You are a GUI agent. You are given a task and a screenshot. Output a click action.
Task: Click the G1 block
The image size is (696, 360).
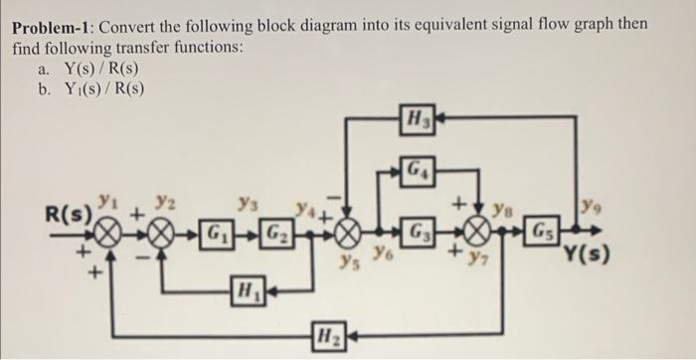pos(213,240)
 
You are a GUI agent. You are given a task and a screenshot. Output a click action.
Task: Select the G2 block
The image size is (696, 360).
pos(276,240)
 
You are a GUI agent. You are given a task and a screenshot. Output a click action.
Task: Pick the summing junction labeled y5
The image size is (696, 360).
pos(347,240)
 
